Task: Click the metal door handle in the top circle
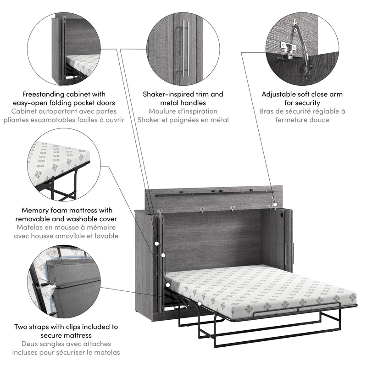[x=185, y=48]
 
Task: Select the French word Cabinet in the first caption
[x=32, y=111]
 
